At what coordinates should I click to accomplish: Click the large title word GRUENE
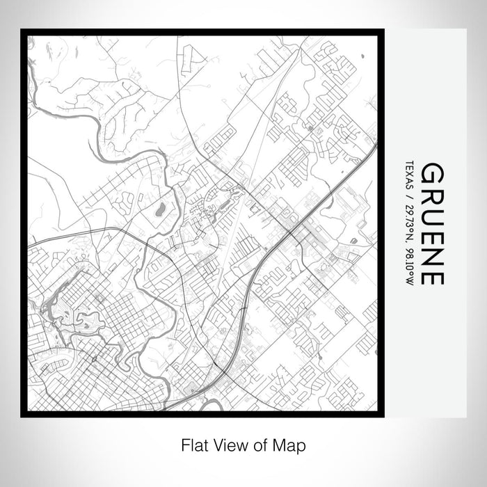(x=432, y=223)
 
